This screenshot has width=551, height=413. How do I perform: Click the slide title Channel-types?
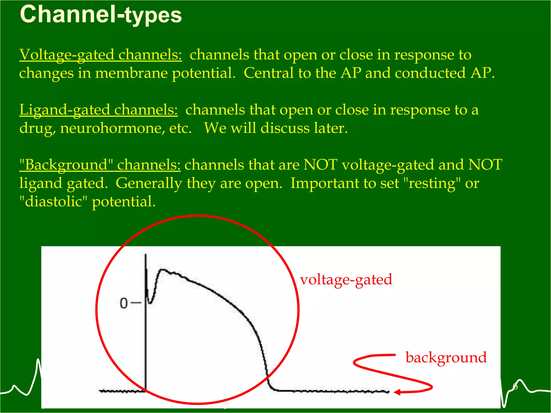(101, 15)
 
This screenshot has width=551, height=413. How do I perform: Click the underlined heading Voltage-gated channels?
(101, 55)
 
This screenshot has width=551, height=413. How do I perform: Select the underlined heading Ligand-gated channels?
(98, 110)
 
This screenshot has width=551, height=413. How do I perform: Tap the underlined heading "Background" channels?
(100, 165)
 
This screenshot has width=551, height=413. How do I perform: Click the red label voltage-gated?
(346, 280)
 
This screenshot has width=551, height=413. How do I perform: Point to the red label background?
(446, 358)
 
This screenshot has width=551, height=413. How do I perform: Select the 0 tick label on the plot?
(124, 303)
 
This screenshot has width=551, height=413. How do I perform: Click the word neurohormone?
(112, 128)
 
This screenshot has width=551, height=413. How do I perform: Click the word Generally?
(149, 183)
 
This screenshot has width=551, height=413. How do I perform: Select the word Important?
(324, 183)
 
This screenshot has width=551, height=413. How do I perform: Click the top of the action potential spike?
(146, 255)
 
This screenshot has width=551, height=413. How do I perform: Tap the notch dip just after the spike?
(150, 303)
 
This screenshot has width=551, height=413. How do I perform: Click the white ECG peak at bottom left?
(38, 360)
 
